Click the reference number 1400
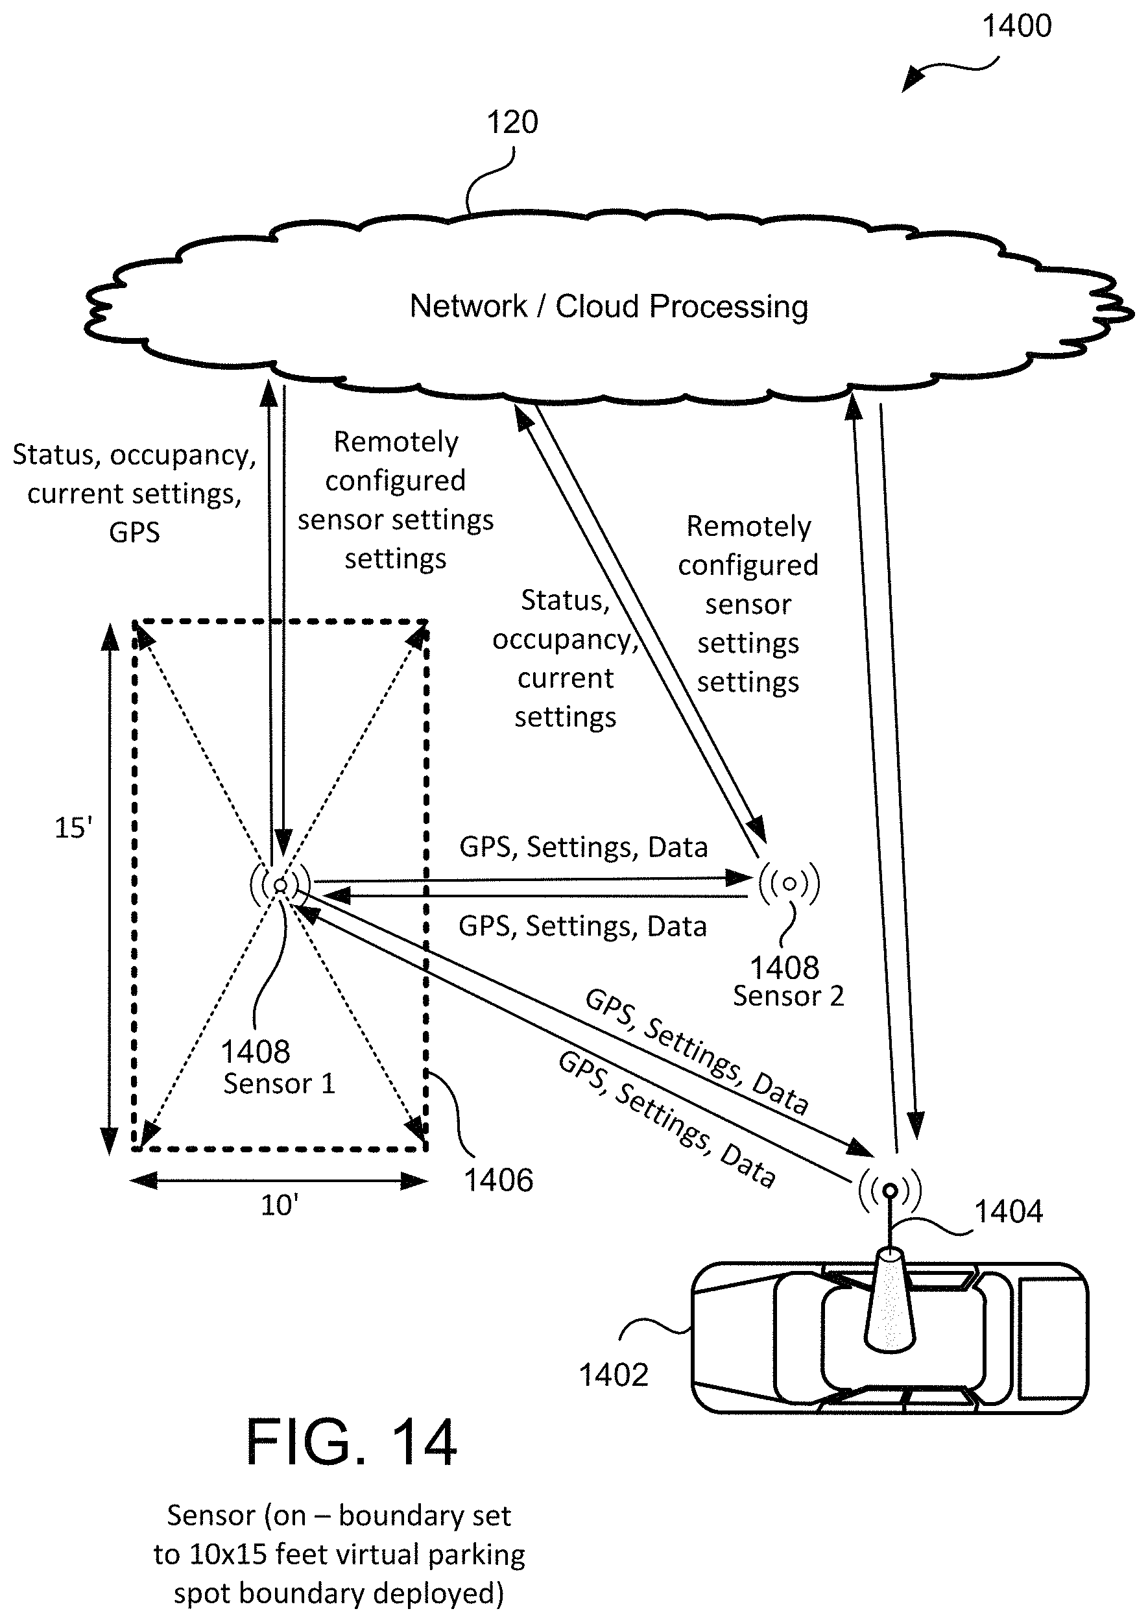[x=1016, y=26]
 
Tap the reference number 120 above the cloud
[x=512, y=123]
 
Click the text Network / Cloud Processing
[x=608, y=306]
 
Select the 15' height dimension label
[x=73, y=827]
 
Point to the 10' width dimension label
[x=280, y=1205]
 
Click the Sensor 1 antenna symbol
[x=281, y=884]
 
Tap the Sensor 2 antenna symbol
[x=789, y=883]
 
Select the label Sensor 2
[x=788, y=997]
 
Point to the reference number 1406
[x=498, y=1180]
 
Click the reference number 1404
[x=1009, y=1211]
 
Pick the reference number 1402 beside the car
[x=614, y=1375]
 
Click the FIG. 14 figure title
[x=352, y=1443]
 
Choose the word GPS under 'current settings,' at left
[x=134, y=533]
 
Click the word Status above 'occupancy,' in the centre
[x=565, y=600]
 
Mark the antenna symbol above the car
[x=890, y=1191]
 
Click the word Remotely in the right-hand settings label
[x=748, y=527]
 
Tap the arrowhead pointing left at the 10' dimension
[x=143, y=1181]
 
